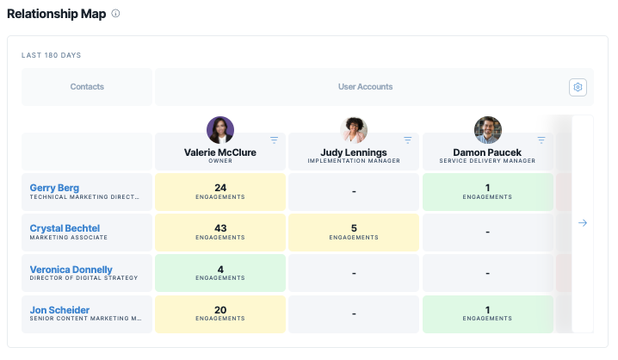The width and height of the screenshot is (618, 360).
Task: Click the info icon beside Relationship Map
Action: point(115,14)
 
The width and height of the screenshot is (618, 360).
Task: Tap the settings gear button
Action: point(578,87)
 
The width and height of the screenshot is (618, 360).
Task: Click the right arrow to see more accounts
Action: point(582,223)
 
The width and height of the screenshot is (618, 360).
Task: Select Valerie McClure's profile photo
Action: point(220,130)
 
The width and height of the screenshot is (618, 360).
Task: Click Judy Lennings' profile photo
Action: point(354,130)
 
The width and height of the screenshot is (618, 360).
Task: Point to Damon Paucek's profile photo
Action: point(487,130)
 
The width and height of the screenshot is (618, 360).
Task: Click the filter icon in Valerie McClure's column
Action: point(274,140)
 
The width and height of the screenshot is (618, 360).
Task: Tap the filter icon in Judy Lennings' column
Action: point(407,140)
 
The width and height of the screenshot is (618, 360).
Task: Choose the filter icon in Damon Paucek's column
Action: point(541,140)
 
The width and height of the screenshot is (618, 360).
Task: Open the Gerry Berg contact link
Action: point(54,188)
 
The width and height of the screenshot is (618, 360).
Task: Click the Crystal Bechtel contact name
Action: point(65,228)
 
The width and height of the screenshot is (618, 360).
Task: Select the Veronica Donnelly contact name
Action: point(71,270)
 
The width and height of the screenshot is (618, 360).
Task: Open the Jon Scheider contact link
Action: point(59,310)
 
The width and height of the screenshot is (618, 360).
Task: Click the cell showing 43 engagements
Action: point(220,233)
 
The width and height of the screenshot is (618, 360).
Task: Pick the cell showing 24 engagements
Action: point(220,192)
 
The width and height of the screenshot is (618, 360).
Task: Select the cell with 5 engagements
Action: point(354,233)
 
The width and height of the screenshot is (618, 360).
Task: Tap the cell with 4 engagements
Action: point(220,273)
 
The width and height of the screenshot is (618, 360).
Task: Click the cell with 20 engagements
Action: point(220,313)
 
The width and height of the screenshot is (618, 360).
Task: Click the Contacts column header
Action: point(87,87)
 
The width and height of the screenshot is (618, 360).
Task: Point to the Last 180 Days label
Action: point(52,55)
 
